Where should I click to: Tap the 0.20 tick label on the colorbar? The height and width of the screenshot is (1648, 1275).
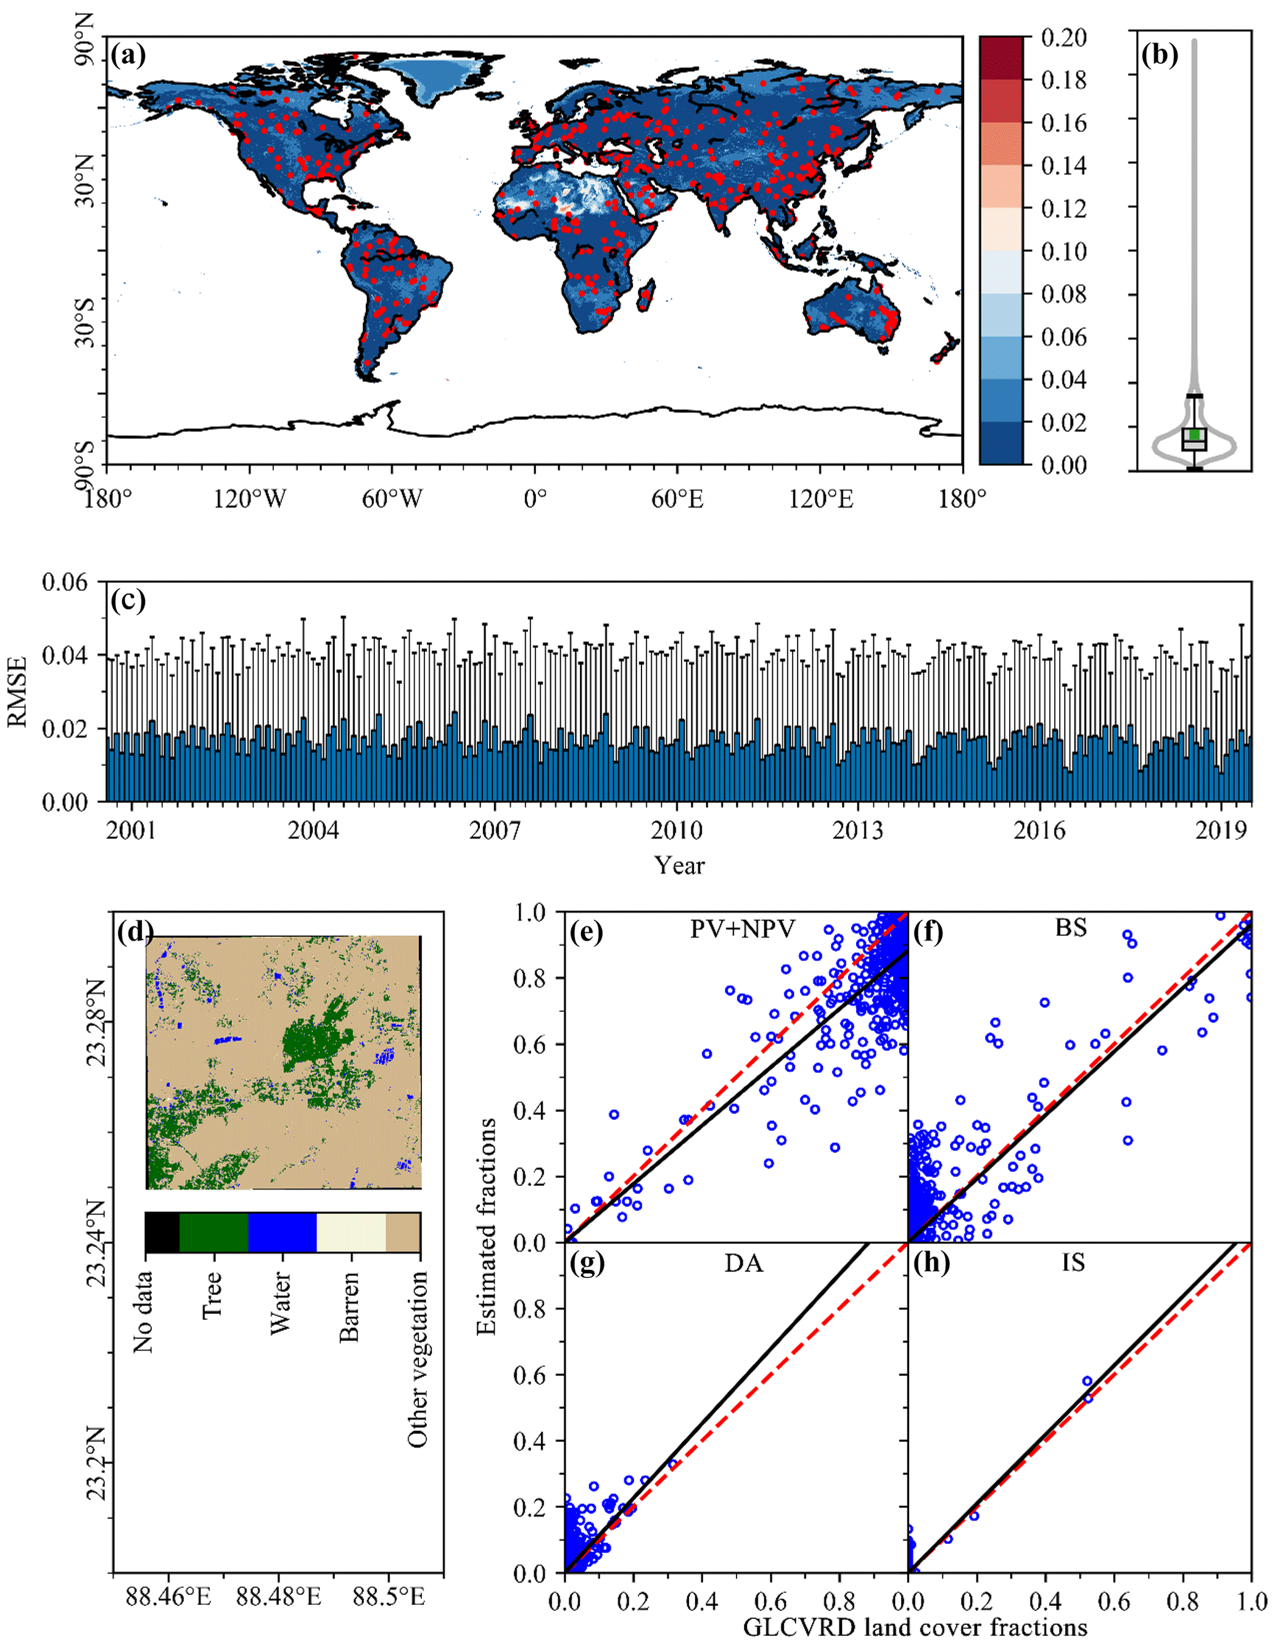pos(1064,37)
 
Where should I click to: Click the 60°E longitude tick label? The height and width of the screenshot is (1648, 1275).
pos(677,499)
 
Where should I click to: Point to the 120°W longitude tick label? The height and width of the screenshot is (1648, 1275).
pos(249,499)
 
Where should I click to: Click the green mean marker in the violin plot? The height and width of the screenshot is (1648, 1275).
pos(1194,434)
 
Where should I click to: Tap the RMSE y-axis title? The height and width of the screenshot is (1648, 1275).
pos(17,691)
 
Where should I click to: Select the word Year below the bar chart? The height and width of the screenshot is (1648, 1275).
pos(679,865)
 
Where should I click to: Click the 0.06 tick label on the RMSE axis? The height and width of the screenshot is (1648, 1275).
pos(64,582)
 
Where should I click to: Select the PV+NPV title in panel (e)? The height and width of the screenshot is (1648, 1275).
pos(743,929)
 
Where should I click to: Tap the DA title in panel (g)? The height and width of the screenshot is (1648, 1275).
pos(744,1263)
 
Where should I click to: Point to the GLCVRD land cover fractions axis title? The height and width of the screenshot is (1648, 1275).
pos(915,1627)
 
